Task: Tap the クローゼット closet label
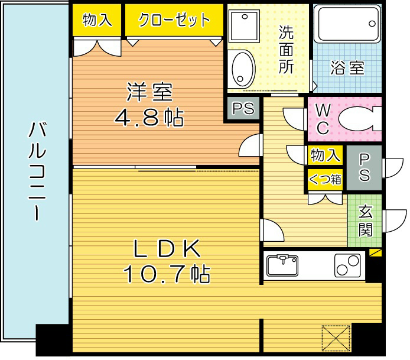pos(174,20)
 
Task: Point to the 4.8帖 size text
pos(149,118)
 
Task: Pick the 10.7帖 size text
pos(167,274)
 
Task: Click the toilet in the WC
pos(357,118)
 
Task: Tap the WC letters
pos(322,118)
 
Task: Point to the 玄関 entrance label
pos(366,220)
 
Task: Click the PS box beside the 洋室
pos(243,109)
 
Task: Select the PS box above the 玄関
pos(365,167)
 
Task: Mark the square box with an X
pos(336,339)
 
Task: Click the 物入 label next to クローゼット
pos(97,20)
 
